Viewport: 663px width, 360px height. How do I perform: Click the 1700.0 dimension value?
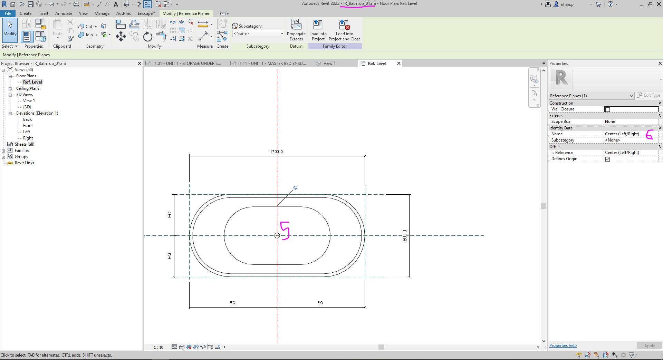pos(276,152)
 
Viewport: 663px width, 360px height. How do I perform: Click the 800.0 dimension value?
pos(405,235)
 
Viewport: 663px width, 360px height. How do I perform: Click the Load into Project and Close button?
pos(344,30)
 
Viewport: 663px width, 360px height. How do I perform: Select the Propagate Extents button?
pos(296,30)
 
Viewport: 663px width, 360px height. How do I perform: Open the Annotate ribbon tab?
pos(64,13)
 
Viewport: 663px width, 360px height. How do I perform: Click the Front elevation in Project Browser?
pos(28,126)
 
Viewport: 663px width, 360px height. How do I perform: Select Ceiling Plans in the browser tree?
pos(28,88)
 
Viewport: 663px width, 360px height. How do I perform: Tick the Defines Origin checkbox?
pos(607,159)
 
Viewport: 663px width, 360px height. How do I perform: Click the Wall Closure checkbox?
pos(607,109)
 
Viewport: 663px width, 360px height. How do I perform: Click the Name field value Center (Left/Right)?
pos(622,134)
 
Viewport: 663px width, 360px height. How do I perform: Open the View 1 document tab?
pos(329,64)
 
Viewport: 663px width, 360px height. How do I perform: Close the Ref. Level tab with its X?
pos(399,64)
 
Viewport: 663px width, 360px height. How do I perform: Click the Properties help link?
pos(563,346)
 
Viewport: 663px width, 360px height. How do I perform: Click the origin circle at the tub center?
pos(277,236)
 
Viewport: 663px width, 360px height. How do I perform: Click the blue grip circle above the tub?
pos(295,188)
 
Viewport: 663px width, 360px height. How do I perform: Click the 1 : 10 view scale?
pos(158,347)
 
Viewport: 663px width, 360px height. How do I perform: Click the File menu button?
pos(8,13)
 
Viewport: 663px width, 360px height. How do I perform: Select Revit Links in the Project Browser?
pos(24,163)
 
